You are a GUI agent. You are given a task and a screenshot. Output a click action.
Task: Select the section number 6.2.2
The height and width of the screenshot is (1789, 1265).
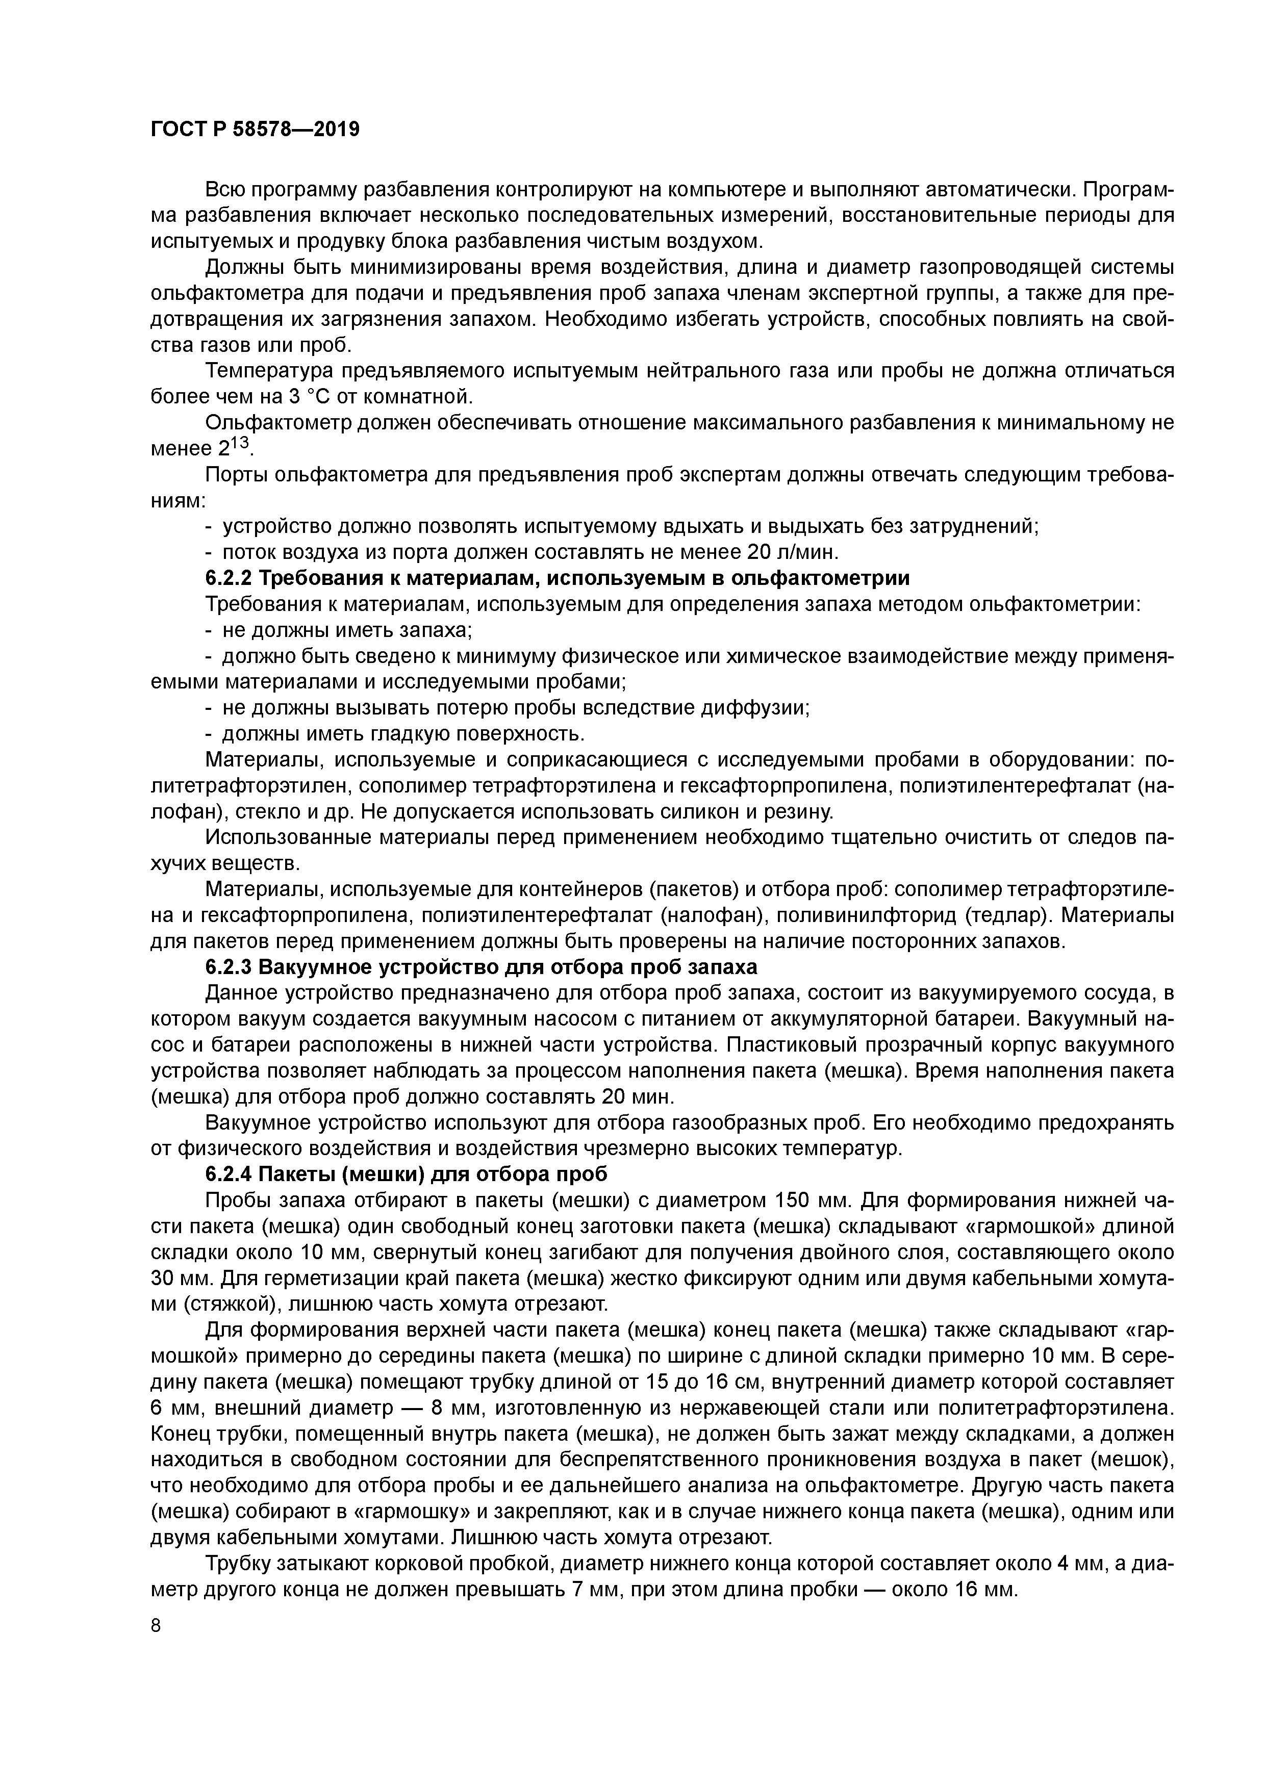click(229, 578)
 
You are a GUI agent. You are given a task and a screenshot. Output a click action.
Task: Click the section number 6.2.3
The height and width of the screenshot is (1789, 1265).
click(229, 967)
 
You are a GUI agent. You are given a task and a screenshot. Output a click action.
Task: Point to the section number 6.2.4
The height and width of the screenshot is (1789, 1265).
click(229, 1174)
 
